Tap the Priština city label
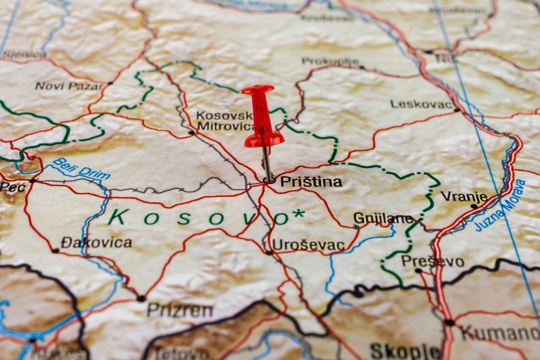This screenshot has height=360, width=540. click(310, 182)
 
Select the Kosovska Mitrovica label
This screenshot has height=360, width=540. click(225, 120)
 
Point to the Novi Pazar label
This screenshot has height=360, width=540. click(69, 86)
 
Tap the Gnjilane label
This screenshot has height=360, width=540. click(383, 219)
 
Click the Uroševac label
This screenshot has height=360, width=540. click(308, 245)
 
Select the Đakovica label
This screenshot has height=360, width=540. click(96, 243)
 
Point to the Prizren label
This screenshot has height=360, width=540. click(179, 310)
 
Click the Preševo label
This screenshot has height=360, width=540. click(433, 261)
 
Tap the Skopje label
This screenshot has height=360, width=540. click(405, 351)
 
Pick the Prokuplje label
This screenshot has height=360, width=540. click(330, 61)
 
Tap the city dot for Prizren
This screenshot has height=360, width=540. click(141, 299)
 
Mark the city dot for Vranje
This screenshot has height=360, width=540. click(474, 206)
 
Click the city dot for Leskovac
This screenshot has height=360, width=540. click(456, 110)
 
